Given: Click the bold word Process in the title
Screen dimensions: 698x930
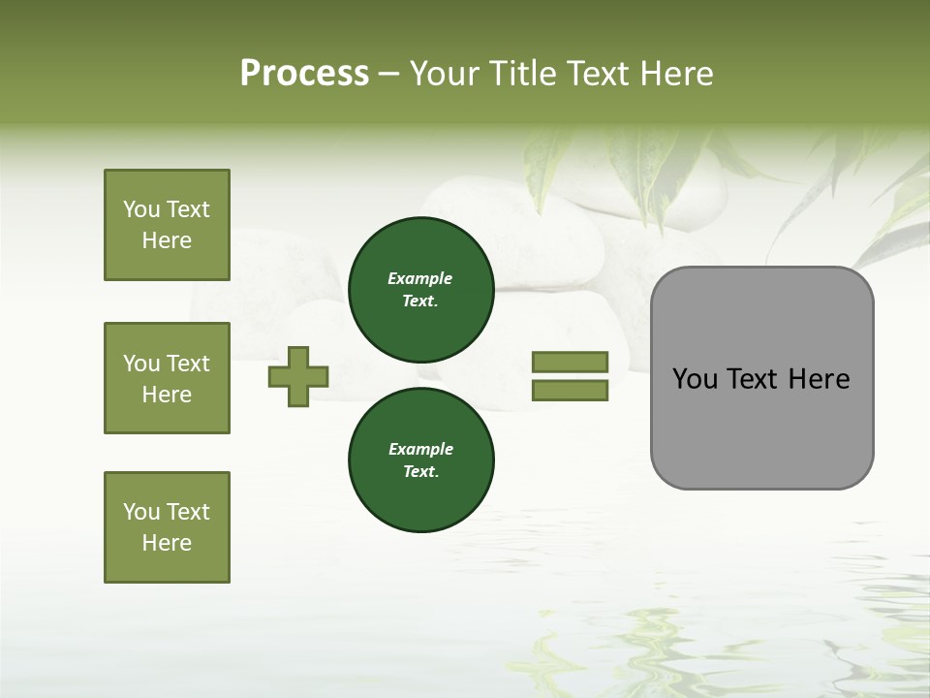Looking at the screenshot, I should [304, 74].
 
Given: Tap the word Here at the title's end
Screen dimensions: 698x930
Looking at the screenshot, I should [674, 74].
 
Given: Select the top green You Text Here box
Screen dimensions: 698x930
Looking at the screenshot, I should [167, 225].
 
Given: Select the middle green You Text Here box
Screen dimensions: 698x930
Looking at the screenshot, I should [167, 378].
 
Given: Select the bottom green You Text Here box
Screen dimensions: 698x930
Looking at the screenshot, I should [167, 527].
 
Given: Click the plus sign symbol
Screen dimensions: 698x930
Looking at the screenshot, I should [298, 376].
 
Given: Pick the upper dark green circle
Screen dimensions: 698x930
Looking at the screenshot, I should [420, 289].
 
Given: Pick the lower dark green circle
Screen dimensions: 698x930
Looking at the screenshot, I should [420, 460].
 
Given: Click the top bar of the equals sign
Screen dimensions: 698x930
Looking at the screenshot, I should [570, 362].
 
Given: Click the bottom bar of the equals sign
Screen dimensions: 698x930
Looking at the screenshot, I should [570, 391].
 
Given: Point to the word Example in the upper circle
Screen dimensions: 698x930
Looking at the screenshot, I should [419, 278].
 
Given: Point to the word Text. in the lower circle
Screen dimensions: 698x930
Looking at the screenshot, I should [420, 471].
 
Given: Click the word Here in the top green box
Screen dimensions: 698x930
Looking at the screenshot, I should [167, 240].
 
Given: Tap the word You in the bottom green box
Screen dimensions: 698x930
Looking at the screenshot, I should [140, 512].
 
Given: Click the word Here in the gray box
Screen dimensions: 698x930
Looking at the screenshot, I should [819, 379].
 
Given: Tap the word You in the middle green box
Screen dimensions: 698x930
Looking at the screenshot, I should [140, 364].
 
